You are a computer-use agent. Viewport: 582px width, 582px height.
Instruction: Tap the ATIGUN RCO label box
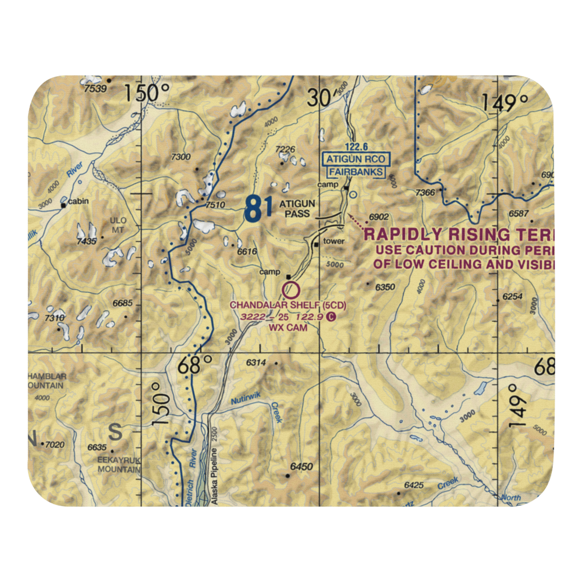[356, 159]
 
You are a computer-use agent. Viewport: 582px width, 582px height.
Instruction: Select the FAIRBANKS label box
[356, 172]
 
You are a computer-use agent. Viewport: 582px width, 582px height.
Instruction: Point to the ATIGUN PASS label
[297, 208]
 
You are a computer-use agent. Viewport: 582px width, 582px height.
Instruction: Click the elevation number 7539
[96, 88]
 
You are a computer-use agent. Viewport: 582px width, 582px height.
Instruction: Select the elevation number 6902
[379, 217]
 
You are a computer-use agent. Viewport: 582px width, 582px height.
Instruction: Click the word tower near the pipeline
[334, 241]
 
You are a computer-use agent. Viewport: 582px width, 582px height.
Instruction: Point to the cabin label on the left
[77, 202]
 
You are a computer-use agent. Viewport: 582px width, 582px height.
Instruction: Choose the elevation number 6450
[301, 467]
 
